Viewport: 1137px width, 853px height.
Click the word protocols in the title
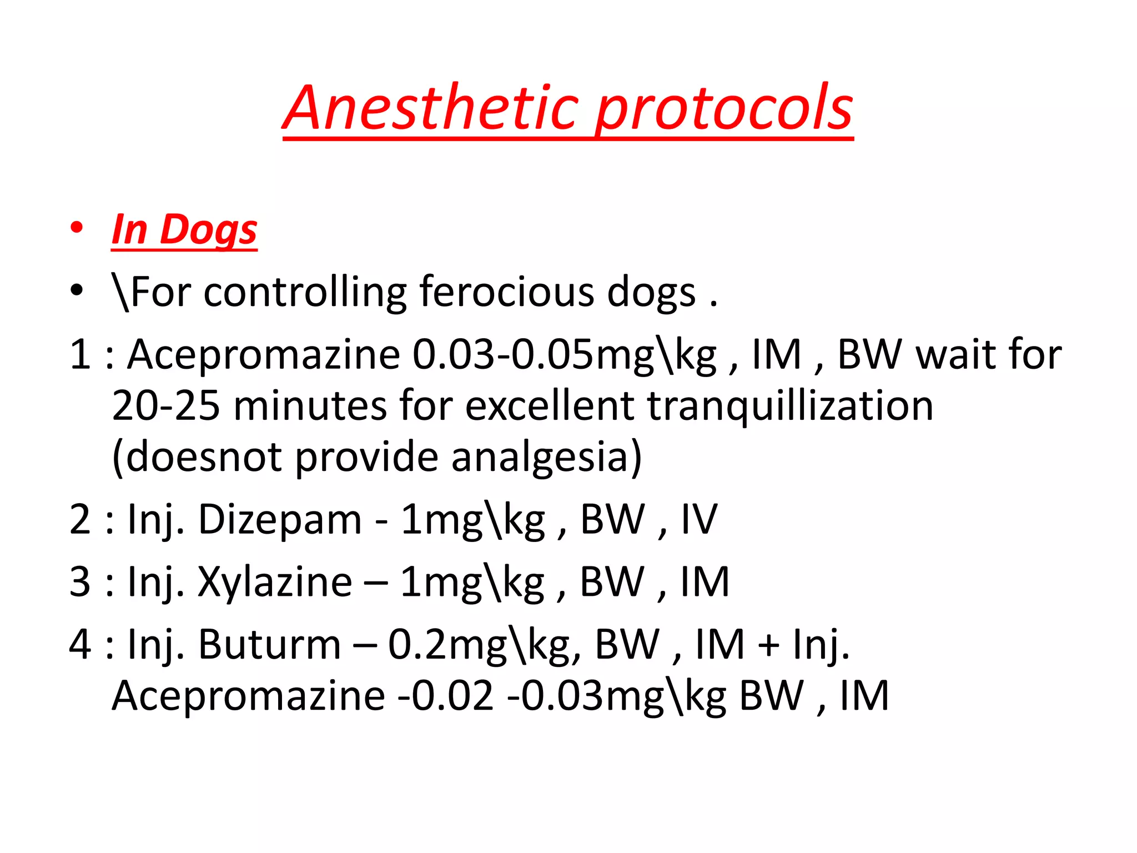[x=725, y=111]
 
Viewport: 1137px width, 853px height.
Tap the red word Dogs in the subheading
[x=209, y=230]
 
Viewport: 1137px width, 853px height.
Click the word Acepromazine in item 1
[x=264, y=355]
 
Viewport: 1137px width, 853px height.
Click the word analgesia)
[x=546, y=458]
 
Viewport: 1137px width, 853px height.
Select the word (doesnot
[x=197, y=458]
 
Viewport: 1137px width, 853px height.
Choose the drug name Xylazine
[x=275, y=583]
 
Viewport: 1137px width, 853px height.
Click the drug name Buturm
[x=270, y=645]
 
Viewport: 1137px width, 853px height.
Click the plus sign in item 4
[x=769, y=646]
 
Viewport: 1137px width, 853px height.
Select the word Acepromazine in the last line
[x=249, y=696]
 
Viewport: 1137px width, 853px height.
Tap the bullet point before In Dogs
[x=77, y=228]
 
